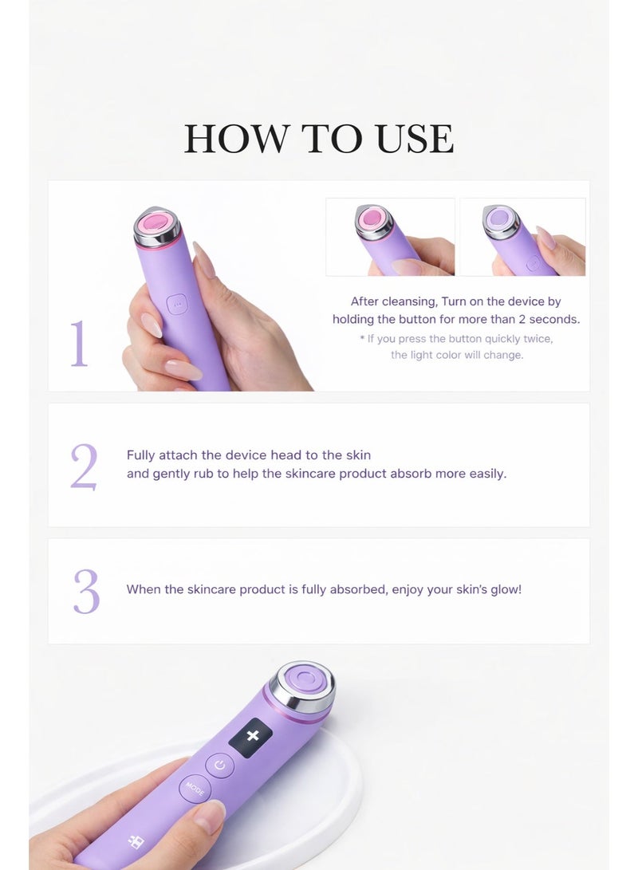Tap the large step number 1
point(78,344)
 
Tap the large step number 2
point(84,466)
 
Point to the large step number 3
point(86,592)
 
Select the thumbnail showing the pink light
point(390,237)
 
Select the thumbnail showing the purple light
point(522,237)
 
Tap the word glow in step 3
point(502,590)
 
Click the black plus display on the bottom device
point(251,735)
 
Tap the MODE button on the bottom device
point(195,789)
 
